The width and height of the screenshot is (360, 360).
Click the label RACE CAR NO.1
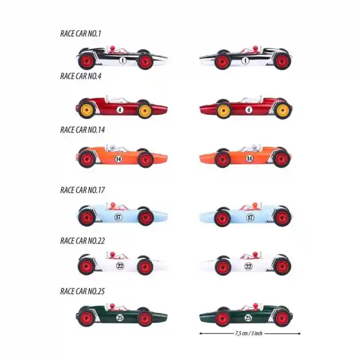(x=81, y=33)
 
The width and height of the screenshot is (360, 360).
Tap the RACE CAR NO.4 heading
(x=81, y=76)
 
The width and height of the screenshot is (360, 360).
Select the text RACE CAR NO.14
(x=82, y=130)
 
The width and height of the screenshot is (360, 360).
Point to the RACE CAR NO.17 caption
(x=82, y=190)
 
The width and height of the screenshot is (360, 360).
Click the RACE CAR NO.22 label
(x=82, y=241)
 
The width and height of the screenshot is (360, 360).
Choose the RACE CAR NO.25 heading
(x=82, y=292)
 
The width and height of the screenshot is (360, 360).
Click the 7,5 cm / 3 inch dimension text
(x=249, y=333)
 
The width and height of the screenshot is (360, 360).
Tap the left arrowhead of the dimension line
(x=201, y=333)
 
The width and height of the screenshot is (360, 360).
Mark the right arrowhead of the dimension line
(x=299, y=333)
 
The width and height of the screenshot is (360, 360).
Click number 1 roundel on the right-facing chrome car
(x=122, y=60)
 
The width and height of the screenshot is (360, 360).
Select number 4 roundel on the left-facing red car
(x=249, y=110)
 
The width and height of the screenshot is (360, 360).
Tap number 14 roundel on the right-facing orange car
(x=118, y=159)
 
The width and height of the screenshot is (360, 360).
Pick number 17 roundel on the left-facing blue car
(x=250, y=217)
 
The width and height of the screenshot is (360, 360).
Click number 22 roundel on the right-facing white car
(x=120, y=266)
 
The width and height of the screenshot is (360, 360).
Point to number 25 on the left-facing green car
(x=248, y=318)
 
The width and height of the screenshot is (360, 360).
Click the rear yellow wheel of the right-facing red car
(x=87, y=111)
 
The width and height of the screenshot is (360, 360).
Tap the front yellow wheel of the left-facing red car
(x=224, y=111)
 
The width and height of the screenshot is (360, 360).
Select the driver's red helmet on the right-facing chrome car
(x=112, y=48)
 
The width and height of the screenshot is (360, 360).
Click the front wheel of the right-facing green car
(x=145, y=319)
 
